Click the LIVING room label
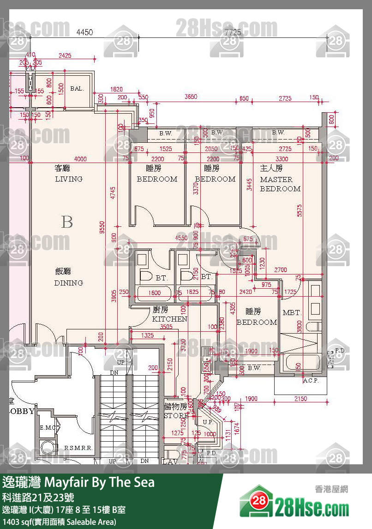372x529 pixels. (68, 179)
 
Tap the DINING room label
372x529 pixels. (68, 283)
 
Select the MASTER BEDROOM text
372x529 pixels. (280, 184)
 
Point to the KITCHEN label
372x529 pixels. (169, 319)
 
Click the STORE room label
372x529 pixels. (175, 416)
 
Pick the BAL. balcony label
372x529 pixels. (77, 88)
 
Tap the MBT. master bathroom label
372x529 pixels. (292, 313)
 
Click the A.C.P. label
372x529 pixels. (312, 381)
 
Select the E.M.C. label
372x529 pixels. (48, 428)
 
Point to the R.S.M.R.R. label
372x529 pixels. (78, 448)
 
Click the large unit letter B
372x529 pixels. (67, 223)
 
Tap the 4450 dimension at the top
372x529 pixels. (84, 32)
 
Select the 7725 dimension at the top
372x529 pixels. (233, 32)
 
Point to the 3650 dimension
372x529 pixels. (191, 97)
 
